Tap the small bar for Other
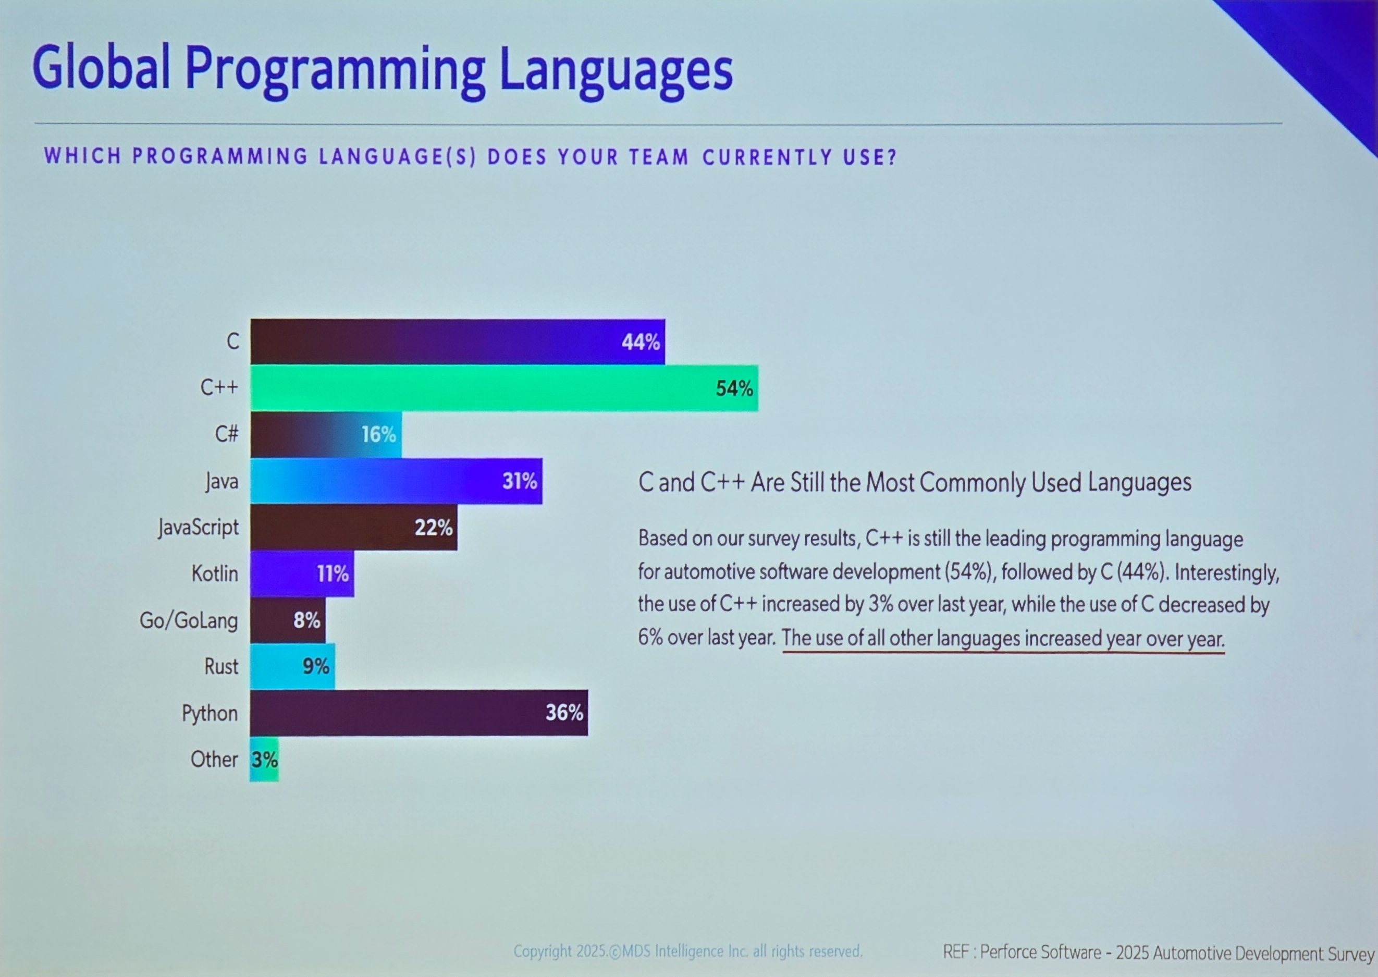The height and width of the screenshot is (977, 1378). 265,759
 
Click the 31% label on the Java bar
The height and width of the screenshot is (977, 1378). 520,481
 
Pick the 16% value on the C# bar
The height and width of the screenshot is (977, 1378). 379,434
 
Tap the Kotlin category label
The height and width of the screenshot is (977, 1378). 215,574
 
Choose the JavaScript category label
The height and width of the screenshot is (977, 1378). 199,528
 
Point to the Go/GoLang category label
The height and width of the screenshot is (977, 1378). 189,620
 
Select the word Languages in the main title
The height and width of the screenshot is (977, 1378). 616,70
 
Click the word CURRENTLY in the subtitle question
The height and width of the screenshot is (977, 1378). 768,157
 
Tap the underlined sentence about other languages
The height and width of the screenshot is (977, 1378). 1003,638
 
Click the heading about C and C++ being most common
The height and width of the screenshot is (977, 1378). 914,482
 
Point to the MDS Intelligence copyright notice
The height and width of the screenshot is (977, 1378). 687,951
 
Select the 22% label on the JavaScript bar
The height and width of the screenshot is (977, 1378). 433,528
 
